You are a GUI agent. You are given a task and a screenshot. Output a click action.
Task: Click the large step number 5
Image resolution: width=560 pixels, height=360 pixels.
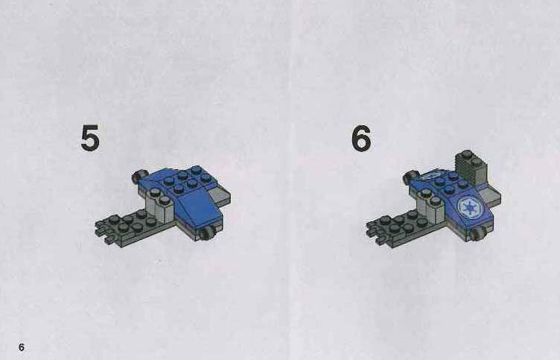click(90, 138)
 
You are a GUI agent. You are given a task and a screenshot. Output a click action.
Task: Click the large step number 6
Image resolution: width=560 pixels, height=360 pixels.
click(361, 138)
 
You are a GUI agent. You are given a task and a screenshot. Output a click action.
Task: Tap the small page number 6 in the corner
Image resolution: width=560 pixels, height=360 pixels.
click(22, 347)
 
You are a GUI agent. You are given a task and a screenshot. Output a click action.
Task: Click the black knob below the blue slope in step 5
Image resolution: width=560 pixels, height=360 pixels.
click(206, 234)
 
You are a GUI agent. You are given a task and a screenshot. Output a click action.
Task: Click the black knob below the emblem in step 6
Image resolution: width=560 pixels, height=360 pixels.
click(477, 235)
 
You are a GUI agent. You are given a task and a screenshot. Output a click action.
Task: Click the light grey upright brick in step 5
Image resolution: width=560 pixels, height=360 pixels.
click(160, 206)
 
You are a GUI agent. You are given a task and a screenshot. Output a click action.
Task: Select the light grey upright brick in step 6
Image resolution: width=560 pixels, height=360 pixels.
click(431, 206)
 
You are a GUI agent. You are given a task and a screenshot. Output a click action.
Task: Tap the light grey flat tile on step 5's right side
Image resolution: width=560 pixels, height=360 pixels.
click(220, 197)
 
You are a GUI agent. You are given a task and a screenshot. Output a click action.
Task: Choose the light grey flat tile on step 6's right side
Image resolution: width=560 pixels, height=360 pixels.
click(490, 197)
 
